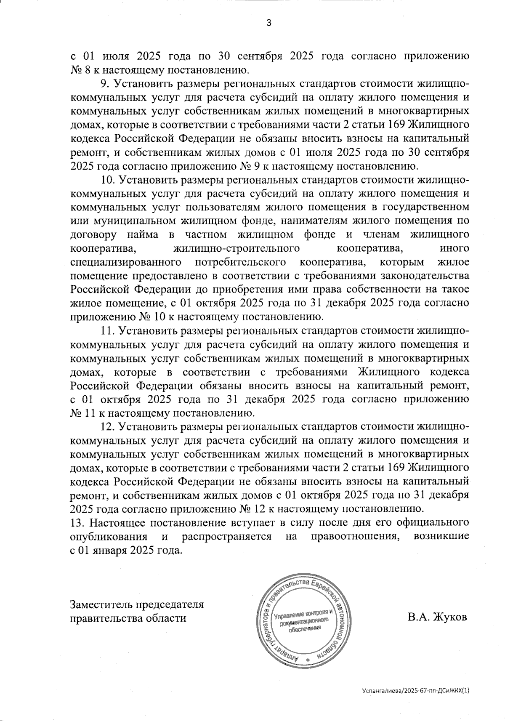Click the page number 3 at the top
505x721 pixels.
click(x=268, y=23)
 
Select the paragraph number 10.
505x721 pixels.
click(x=108, y=180)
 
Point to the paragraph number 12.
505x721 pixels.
click(x=108, y=427)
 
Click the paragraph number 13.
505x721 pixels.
click(x=78, y=523)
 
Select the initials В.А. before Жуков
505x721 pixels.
click(x=418, y=618)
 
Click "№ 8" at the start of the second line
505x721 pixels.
click(x=79, y=69)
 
